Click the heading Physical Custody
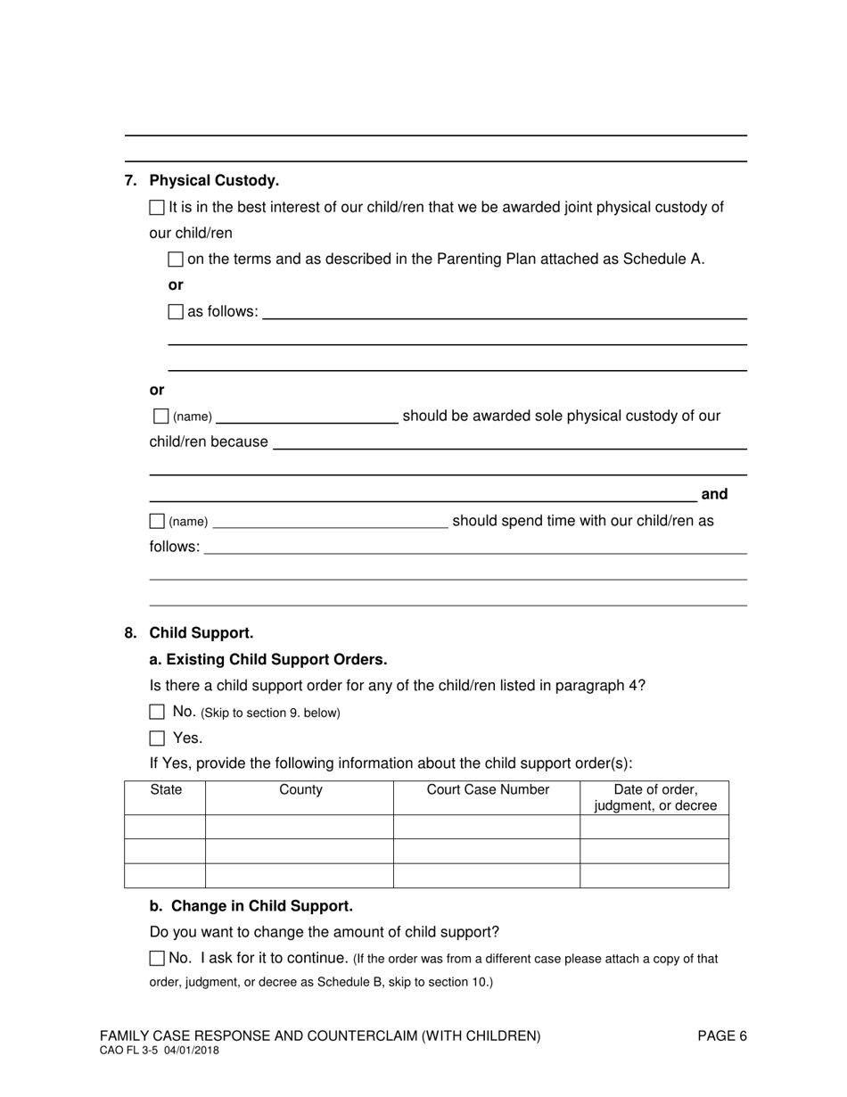pos(214,180)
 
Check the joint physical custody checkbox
pos(157,208)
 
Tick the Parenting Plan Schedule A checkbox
pos(176,260)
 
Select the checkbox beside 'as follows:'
pos(176,312)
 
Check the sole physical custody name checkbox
pos(160,417)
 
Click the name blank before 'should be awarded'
pos(307,417)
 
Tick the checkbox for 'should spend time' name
pos(157,521)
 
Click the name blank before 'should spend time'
pos(330,521)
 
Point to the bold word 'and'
pos(714,494)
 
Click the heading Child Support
pos(201,633)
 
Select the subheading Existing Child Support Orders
pos(268,660)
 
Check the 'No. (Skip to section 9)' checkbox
pos(157,712)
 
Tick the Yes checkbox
pos(157,738)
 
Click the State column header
pos(166,790)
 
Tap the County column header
pos(300,790)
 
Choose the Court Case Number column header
pos(488,790)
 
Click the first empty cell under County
pos(300,827)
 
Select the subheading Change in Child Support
pos(251,906)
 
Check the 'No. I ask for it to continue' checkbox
pos(157,959)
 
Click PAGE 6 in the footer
pos(722,1036)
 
